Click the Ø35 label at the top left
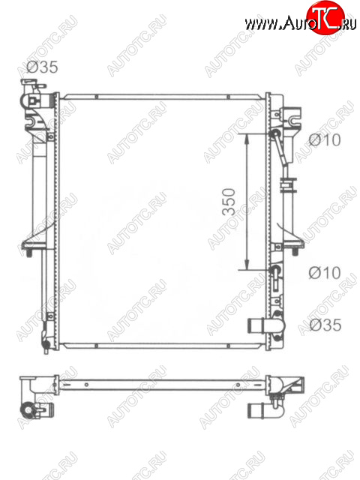coord(42,67)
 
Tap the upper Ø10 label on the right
coord(325,140)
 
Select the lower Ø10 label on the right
coord(325,272)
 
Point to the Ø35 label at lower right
coord(325,325)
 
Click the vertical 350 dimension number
coord(229,202)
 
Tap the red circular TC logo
coord(325,18)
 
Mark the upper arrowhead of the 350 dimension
coord(247,139)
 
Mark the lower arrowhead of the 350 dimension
coord(247,265)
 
